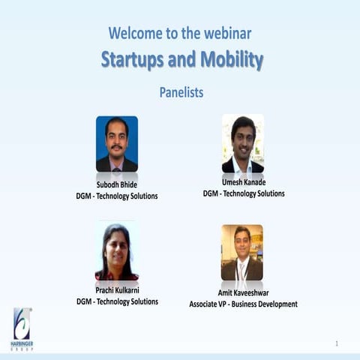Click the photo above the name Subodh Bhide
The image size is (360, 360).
(116, 144)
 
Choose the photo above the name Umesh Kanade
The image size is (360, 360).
(242, 143)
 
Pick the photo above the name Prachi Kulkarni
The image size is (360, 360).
(116, 251)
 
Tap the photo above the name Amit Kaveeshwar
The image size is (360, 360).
(241, 253)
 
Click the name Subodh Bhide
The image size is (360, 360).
(117, 184)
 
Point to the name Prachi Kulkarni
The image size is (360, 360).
(117, 290)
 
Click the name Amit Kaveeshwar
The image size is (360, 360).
(243, 293)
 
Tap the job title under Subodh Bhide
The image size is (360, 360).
(117, 196)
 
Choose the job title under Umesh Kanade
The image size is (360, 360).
(244, 193)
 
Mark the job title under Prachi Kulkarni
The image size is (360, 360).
(117, 301)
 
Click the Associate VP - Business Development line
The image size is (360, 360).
(243, 304)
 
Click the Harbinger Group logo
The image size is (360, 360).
(22, 328)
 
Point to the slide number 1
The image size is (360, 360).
(337, 343)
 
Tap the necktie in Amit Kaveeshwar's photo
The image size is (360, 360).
(241, 269)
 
